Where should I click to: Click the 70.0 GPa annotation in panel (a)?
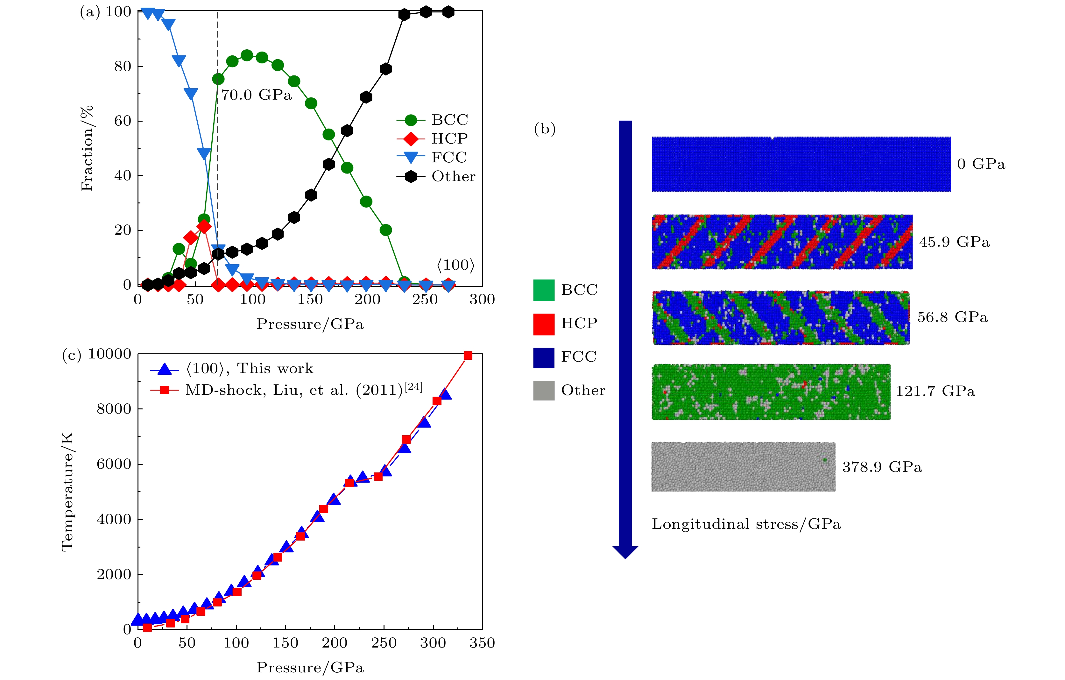256,95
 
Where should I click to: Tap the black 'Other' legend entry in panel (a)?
453,176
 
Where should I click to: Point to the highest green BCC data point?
247,56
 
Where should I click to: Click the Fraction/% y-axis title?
87,148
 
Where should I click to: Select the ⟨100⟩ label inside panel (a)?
455,265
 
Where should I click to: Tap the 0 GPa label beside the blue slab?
981,164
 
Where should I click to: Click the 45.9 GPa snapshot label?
954,242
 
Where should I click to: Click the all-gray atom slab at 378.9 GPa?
743,467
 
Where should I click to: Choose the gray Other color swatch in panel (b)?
544,391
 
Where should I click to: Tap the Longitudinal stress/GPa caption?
746,524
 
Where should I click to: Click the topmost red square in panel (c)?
468,356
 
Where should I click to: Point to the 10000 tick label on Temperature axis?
110,354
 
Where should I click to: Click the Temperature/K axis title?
67,492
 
